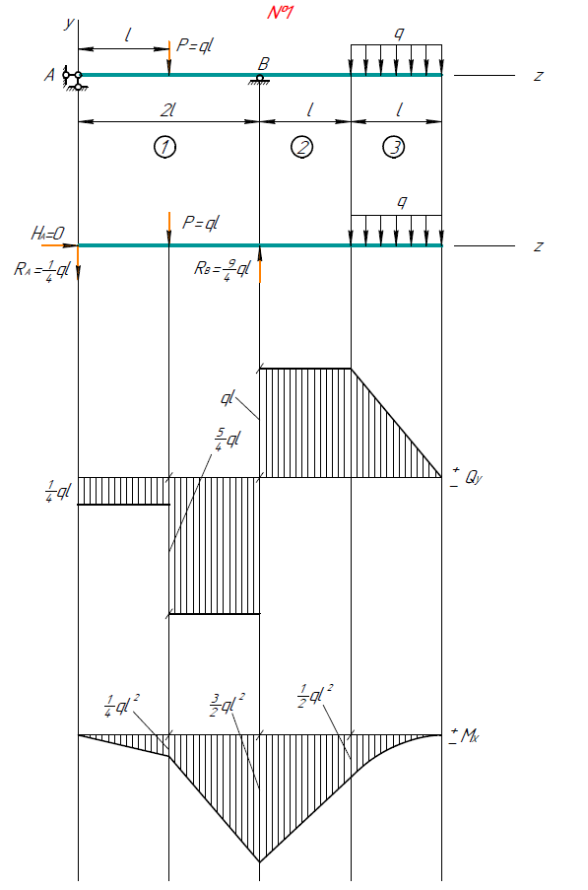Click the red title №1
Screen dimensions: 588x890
[280, 12]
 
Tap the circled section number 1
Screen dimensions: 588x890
[164, 147]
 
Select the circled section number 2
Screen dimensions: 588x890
[301, 147]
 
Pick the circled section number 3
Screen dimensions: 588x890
[394, 147]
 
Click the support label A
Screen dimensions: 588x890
[50, 75]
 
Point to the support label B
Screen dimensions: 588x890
[263, 63]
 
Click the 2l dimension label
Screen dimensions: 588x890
[167, 109]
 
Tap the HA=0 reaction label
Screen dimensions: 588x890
[47, 233]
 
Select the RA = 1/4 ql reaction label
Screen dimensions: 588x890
[41, 269]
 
